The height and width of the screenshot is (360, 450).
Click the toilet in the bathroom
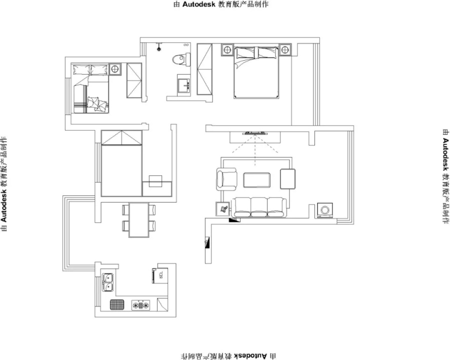coord(181,59)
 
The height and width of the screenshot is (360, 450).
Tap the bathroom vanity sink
coord(183,83)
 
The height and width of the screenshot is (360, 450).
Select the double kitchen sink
coord(108,282)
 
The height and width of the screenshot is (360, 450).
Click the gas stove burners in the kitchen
coord(141,305)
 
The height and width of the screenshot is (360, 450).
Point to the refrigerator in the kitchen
coord(159,276)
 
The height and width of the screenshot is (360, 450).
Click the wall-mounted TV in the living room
coord(255,133)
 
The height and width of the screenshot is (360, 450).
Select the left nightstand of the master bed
coord(227,50)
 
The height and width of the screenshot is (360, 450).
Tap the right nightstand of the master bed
coord(285,50)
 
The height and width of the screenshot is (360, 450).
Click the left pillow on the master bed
coord(245,53)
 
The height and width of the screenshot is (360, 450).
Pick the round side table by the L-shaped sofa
coord(115,69)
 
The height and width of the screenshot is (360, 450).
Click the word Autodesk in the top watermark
coord(199,4)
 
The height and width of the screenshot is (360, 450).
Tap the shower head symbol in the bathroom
coord(158,48)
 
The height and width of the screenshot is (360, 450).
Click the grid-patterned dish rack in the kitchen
coord(117,304)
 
